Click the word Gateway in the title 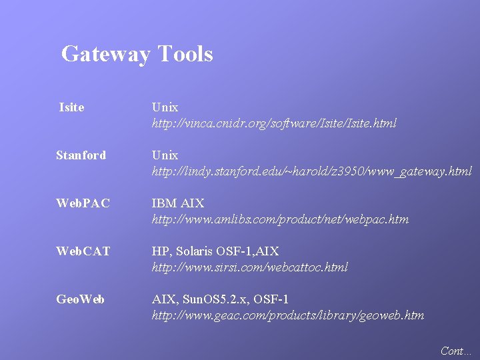point(105,54)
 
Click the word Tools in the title point(185,53)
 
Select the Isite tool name point(72,107)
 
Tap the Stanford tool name point(81,155)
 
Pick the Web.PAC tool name point(83,203)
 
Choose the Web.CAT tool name point(83,251)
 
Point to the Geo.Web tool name point(80,299)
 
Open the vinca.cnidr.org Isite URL point(274,123)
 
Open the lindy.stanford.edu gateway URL point(311,171)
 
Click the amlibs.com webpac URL point(280,219)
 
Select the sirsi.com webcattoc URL point(249,267)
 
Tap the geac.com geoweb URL point(287,315)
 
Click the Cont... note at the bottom point(456,350)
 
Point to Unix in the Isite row point(165,107)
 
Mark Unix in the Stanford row point(165,155)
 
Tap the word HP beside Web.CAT point(159,251)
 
